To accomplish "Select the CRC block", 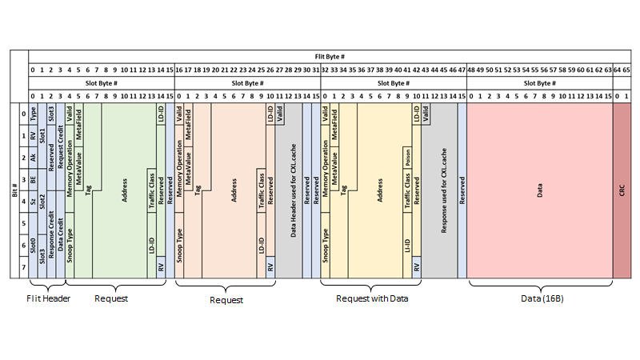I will (x=622, y=191).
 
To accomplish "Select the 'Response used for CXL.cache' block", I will (x=444, y=192).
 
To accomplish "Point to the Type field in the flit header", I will (x=33, y=114).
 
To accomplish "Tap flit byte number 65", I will (x=626, y=70).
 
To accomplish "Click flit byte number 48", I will (x=471, y=70).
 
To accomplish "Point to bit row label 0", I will (x=23, y=114).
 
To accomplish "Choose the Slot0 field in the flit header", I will (x=33, y=242).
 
